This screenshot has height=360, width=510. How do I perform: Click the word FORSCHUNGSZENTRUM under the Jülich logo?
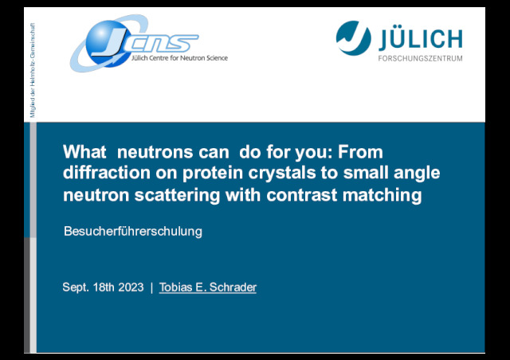click(x=420, y=58)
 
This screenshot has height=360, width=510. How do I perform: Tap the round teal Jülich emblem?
click(x=353, y=38)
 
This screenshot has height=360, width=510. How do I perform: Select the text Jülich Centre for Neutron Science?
click(x=179, y=58)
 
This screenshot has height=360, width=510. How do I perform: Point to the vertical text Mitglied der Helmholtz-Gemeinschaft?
click(x=33, y=70)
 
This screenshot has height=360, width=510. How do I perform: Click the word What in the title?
click(x=84, y=152)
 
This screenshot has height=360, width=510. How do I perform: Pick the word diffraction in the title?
click(x=107, y=172)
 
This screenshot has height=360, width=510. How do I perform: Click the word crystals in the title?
click(x=282, y=173)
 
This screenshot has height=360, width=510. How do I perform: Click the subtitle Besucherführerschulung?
click(x=133, y=232)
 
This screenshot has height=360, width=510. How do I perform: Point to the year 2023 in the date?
click(x=131, y=288)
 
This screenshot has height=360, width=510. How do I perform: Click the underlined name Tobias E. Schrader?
click(x=208, y=288)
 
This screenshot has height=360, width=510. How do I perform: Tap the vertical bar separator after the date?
click(x=151, y=288)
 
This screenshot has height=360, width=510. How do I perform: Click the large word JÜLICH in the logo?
click(x=421, y=37)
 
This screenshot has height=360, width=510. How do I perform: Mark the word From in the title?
click(x=360, y=152)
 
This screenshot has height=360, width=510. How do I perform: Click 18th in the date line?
click(x=104, y=288)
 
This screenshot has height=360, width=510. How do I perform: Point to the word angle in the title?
click(x=417, y=173)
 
